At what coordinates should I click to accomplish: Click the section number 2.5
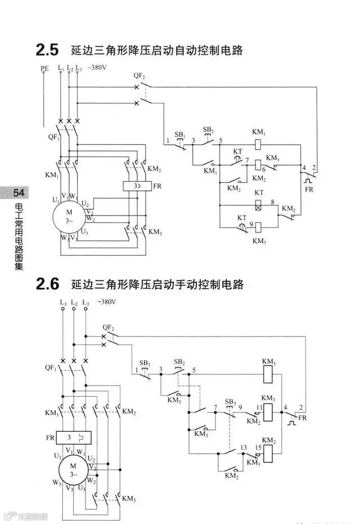47,51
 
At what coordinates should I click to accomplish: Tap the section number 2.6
47,284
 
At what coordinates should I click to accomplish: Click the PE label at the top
44,68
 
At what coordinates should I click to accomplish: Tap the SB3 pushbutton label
230,402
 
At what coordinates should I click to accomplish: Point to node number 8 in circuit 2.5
272,201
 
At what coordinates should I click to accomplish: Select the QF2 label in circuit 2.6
108,327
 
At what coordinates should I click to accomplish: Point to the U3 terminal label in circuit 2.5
84,231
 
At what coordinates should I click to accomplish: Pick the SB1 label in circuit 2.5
179,135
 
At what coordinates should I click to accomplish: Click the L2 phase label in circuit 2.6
74,303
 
